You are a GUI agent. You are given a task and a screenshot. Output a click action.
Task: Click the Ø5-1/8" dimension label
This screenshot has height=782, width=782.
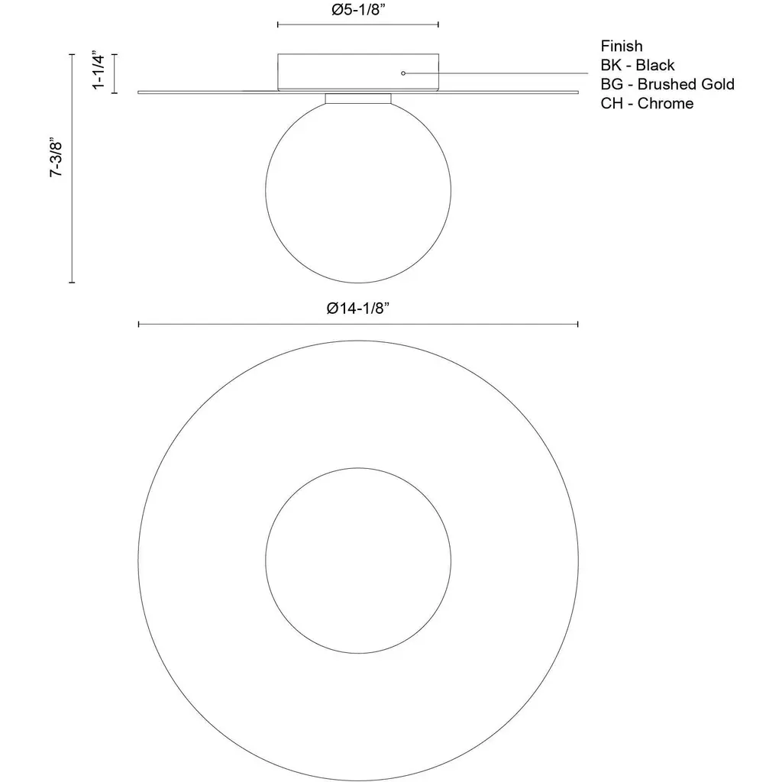(358, 10)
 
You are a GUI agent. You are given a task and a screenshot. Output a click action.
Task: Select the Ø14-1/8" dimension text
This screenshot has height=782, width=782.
(357, 309)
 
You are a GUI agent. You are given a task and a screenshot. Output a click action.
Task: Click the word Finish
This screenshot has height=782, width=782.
(622, 46)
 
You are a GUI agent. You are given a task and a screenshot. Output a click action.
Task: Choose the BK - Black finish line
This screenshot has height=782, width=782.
(638, 65)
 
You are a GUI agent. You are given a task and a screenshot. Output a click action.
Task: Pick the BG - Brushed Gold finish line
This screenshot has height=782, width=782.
(667, 84)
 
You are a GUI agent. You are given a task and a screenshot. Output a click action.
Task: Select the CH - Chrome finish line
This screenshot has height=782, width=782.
(647, 103)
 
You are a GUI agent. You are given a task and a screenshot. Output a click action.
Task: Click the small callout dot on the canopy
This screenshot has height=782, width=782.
(403, 73)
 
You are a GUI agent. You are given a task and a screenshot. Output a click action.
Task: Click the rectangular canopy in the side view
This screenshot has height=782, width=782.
(358, 54)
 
